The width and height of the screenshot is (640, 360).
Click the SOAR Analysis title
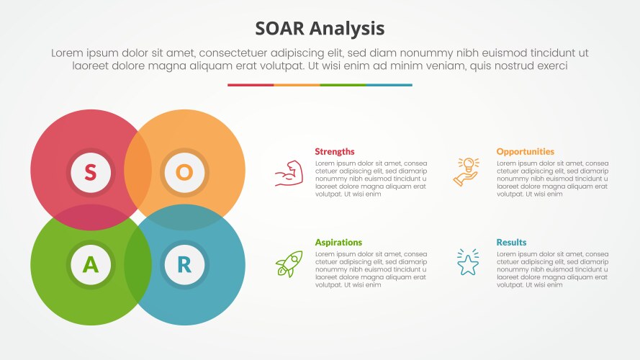(320, 28)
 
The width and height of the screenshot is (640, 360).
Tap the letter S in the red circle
(90, 172)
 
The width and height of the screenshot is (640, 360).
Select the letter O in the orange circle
(184, 172)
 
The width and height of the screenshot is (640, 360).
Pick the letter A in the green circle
(90, 265)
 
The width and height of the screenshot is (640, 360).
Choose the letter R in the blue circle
(184, 265)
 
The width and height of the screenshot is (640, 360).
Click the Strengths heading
(335, 152)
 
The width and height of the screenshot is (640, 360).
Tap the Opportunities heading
(525, 152)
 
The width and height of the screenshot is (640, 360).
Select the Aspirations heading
(338, 243)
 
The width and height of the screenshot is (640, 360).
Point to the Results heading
(511, 243)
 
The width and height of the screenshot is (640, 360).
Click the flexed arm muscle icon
(289, 174)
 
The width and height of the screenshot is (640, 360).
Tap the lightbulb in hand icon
(466, 172)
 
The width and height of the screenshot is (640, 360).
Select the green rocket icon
(289, 264)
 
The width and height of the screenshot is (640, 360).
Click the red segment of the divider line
(251, 85)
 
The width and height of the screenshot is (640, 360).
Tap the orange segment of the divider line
(297, 85)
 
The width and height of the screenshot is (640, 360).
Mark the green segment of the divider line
(343, 85)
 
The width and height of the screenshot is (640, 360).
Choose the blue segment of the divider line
(389, 85)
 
